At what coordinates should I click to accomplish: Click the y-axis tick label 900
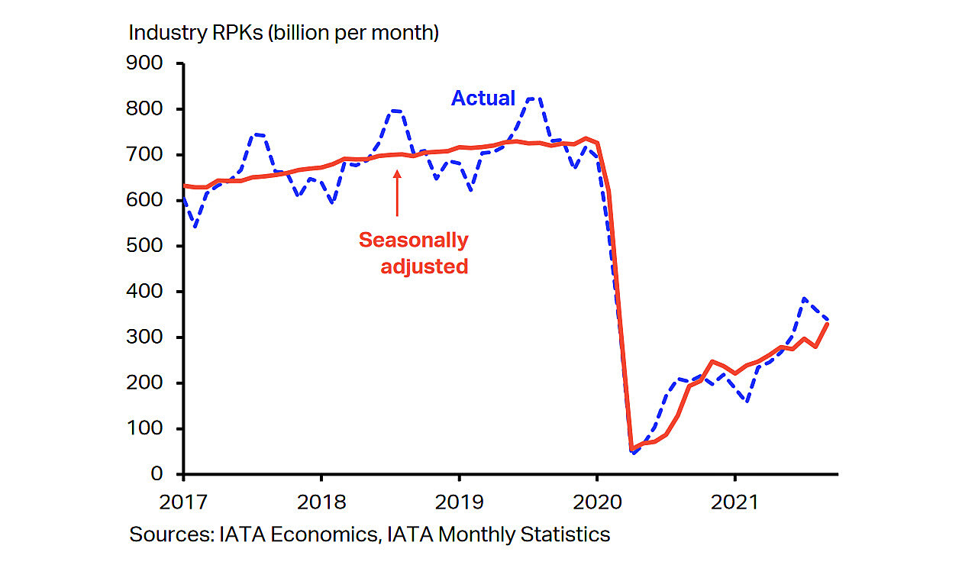coord(146,63)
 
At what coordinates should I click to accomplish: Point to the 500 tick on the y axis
coord(146,246)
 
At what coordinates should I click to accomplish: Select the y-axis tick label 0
coord(156,474)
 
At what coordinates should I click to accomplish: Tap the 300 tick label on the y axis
coord(146,337)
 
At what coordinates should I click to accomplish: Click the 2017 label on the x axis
coord(184,502)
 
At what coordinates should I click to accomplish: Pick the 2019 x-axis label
coord(459,502)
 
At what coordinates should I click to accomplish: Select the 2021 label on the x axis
coord(734,502)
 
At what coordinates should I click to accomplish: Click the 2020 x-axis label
coord(596,502)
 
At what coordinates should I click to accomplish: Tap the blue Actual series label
coord(483,98)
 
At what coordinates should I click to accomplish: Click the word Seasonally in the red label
coord(414,240)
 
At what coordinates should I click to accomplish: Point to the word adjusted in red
coord(424,266)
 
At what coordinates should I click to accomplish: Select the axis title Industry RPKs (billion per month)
coord(284,33)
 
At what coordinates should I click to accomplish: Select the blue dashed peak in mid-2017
coord(258,134)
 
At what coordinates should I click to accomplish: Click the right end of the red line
coord(828,324)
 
